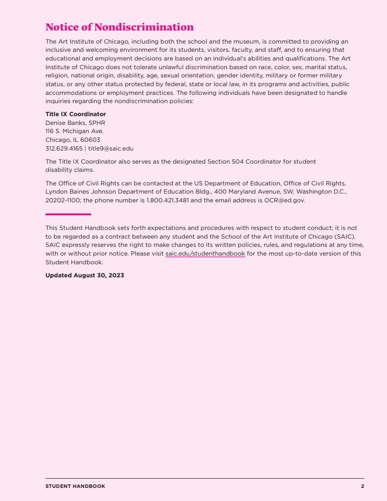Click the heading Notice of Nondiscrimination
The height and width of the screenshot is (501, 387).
119,27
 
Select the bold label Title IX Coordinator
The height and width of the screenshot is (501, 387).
75,114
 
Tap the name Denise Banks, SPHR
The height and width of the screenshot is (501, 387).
75,123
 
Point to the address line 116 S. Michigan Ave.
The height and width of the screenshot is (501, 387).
74,131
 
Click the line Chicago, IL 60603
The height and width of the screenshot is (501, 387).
73,140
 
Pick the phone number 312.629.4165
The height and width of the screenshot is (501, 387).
64,149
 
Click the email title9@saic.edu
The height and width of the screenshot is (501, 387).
111,149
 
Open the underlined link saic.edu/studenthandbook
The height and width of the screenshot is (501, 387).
205,254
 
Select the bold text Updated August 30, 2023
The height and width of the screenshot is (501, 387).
85,275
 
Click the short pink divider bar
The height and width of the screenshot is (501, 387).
68,214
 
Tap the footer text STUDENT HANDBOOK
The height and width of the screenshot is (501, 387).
75,486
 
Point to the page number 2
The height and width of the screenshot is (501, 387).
362,486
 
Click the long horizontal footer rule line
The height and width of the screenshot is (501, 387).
205,478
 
